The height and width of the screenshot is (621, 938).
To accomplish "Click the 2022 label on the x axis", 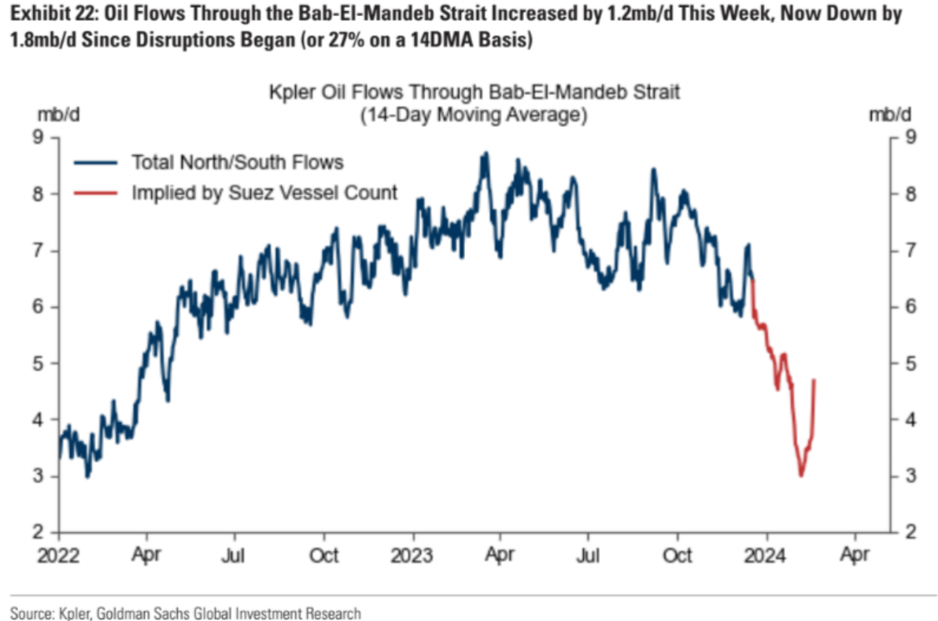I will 58,555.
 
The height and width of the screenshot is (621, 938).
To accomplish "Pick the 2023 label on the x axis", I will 412,555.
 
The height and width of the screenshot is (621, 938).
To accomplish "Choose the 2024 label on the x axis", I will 766,555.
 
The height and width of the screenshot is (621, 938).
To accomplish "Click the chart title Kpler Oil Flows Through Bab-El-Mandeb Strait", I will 474,93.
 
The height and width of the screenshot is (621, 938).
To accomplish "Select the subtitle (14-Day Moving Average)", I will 474,115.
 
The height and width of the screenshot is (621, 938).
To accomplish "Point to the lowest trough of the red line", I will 801,476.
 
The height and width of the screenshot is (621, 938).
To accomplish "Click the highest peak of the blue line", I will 486,152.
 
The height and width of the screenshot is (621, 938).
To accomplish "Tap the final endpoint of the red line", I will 814,380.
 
